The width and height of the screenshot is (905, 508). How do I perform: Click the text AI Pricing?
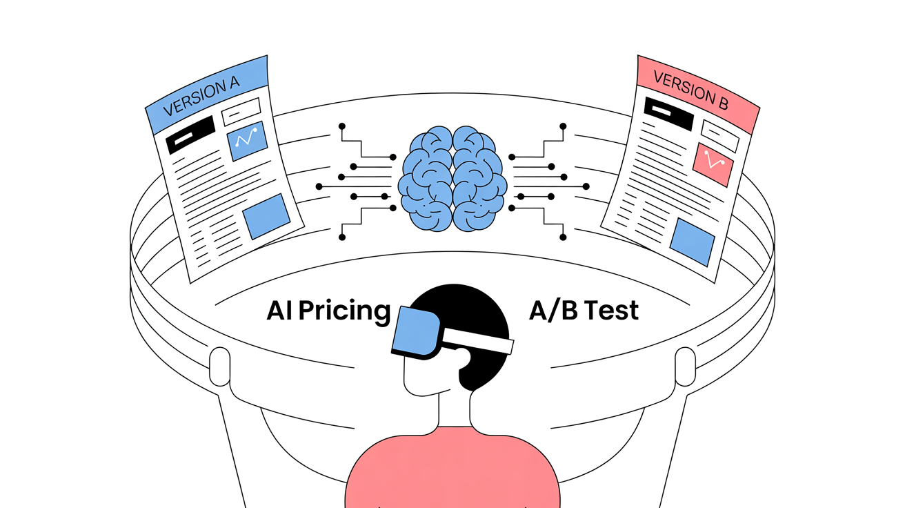point(328,311)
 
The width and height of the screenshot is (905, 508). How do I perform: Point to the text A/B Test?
point(584,311)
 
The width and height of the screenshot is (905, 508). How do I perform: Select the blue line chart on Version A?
point(247,141)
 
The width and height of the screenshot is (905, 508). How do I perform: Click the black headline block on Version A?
point(191,135)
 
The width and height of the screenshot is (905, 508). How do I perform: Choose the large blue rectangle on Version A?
point(266,216)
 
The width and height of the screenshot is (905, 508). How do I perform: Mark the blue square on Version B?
point(693,242)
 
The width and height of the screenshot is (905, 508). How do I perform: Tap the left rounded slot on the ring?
point(219,367)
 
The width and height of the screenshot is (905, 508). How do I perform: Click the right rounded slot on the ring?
point(685,367)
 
